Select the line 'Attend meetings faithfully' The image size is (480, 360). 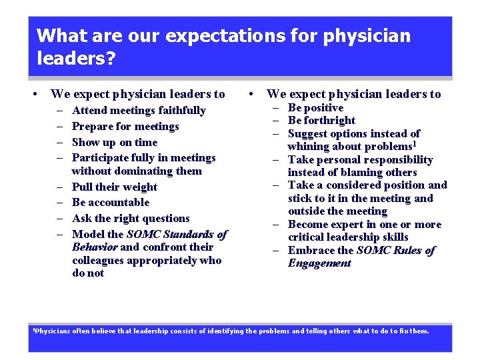point(139,111)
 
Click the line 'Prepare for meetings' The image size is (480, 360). point(125,127)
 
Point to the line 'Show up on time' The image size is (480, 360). point(115,142)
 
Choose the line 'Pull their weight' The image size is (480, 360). point(115,187)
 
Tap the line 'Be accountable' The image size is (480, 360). point(111,203)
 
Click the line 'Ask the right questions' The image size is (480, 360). point(131,219)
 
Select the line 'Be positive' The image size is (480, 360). point(315,108)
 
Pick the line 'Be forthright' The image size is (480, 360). point(321,121)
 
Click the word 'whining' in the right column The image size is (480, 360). point(308,147)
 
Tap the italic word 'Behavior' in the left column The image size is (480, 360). point(95,247)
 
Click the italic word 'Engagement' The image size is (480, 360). point(319,263)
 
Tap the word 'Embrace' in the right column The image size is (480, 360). point(309,251)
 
